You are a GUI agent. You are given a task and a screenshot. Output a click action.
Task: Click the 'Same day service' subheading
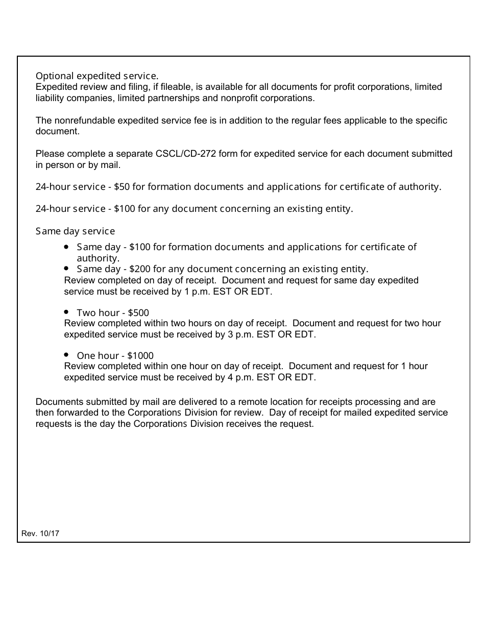[x=75, y=231]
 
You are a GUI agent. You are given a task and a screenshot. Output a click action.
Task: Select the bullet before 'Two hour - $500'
[x=67, y=311]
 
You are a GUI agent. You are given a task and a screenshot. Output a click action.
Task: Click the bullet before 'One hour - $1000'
[x=67, y=354]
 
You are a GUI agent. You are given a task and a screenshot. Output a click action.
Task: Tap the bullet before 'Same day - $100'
[x=67, y=247]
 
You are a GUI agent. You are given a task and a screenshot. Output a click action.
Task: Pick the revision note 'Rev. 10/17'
[x=40, y=534]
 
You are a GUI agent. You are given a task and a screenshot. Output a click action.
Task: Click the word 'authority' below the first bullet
[x=97, y=258]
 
